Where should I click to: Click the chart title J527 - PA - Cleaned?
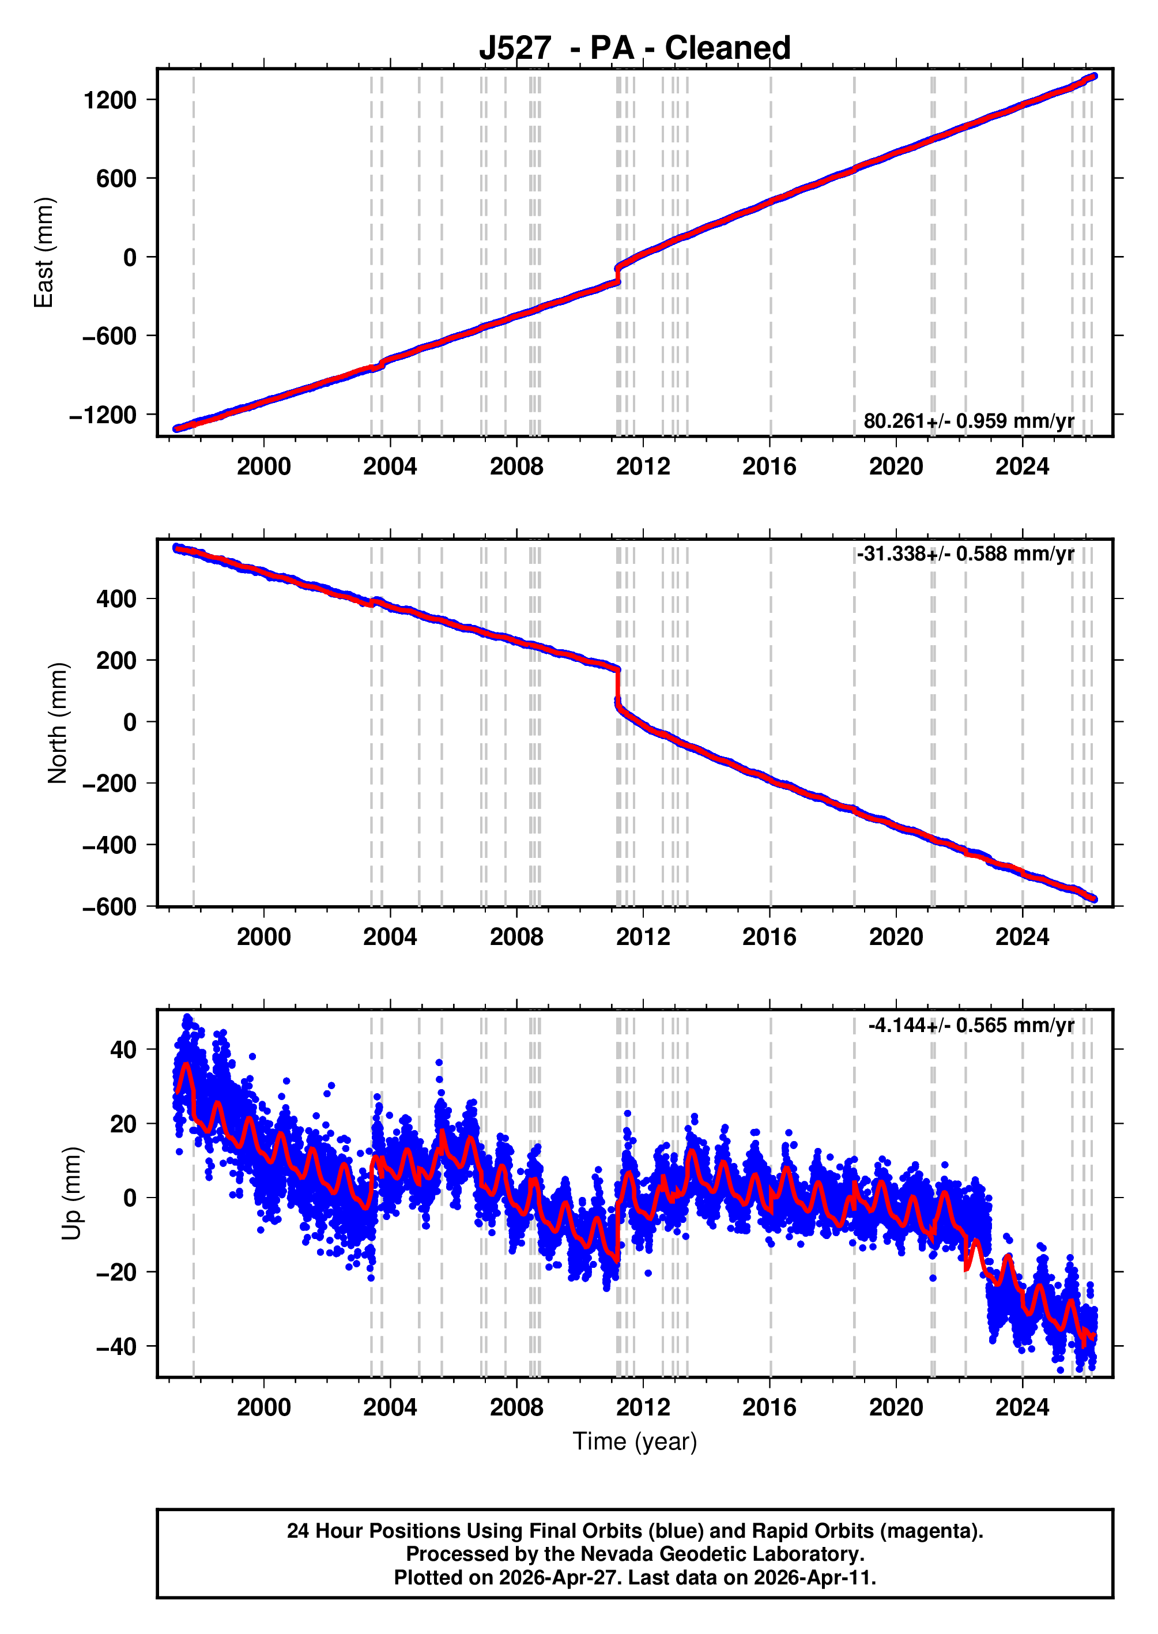(634, 48)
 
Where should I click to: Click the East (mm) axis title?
(44, 253)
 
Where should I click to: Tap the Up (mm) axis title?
(71, 1194)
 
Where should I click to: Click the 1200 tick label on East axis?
(110, 100)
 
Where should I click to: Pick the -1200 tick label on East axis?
(103, 415)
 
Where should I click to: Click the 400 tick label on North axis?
(116, 599)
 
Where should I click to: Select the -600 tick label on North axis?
(109, 907)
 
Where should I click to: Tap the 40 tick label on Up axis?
(123, 1049)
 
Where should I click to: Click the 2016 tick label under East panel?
(770, 466)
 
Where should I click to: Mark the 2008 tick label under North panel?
(516, 936)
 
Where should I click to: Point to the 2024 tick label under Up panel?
(1022, 1407)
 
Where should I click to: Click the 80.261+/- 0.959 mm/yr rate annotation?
(968, 421)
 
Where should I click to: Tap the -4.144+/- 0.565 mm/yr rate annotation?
(971, 1025)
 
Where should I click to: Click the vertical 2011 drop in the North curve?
(617, 686)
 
